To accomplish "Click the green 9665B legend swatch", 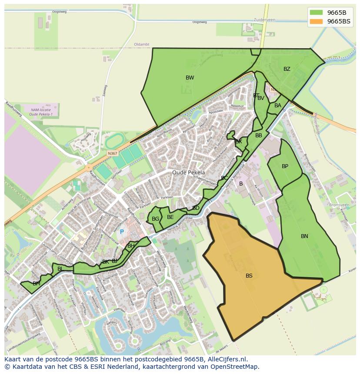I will coord(316,13).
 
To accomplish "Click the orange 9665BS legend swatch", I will coord(316,21).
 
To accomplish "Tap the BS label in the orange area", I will coord(249,276).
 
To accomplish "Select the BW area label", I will coord(190,78).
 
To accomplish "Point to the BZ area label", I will coord(287,69).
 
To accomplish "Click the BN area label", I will coord(304,236).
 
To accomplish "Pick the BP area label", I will coord(285,166).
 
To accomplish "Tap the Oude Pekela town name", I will coord(188,172).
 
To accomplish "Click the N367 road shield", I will coord(112,153).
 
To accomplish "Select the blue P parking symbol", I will coord(122,232).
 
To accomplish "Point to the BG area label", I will coord(155,219).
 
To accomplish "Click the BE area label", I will coord(170,217).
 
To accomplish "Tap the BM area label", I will coord(37,284).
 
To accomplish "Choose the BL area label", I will coord(60,269).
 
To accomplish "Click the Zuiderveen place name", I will coord(265,20).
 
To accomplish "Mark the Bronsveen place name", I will coord(339,205).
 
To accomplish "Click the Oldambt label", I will coord(142,44).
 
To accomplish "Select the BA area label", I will coord(278,106).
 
